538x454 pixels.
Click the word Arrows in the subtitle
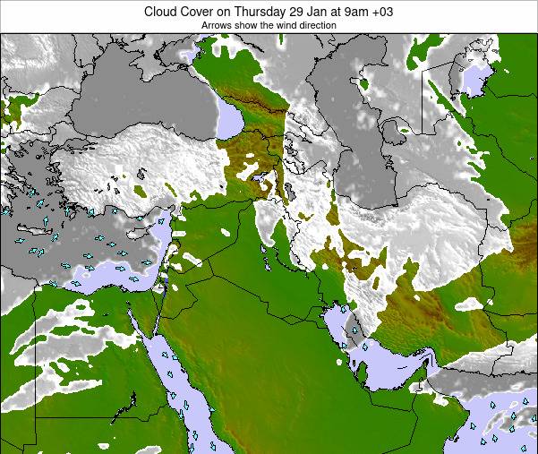click(x=217, y=26)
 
